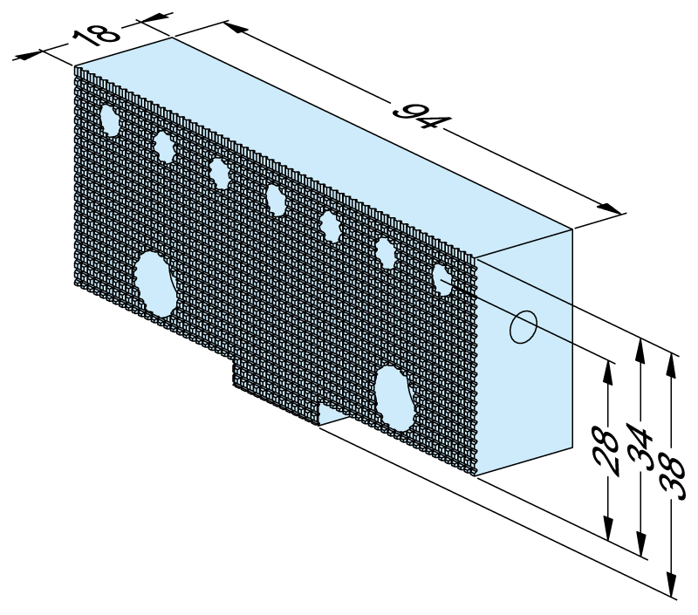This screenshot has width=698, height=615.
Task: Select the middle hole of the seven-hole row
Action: (x=277, y=199)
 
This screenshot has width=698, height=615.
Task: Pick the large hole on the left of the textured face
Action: (x=154, y=284)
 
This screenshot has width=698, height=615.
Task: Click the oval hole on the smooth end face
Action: (x=523, y=327)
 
